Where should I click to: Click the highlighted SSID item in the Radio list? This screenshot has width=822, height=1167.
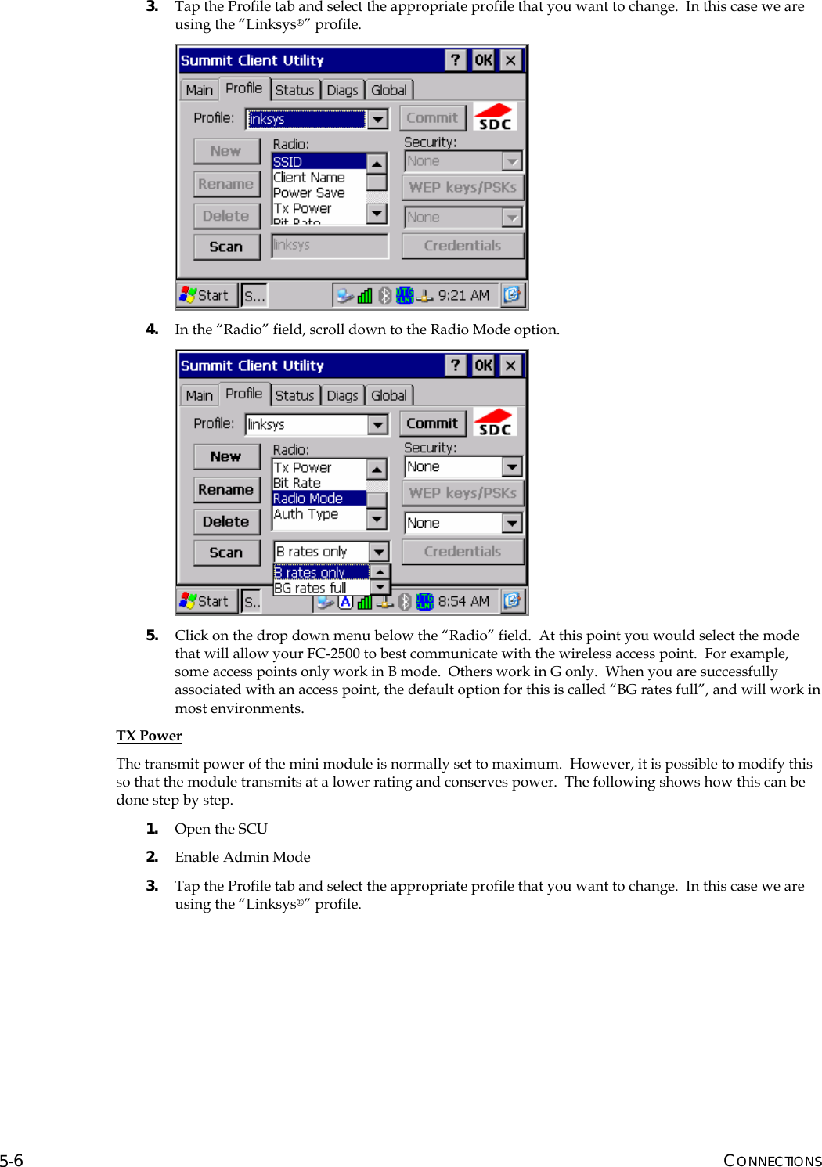coord(318,161)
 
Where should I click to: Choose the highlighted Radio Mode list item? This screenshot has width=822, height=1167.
coord(318,499)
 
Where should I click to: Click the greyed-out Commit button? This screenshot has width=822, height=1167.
coord(432,118)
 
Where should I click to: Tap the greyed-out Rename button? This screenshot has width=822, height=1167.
coord(225,184)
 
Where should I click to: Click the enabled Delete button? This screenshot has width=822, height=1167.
coord(225,521)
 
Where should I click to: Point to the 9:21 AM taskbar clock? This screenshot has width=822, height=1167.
coord(463,295)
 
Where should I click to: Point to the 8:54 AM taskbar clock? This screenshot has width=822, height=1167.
coord(463,601)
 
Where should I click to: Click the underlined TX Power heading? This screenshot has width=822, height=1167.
coord(149,736)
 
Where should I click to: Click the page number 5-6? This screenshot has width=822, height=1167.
coord(12,1160)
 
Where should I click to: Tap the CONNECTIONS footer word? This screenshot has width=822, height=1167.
coord(772,1160)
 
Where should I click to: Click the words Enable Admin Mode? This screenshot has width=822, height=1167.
coord(243,857)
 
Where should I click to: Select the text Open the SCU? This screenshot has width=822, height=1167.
coord(221,829)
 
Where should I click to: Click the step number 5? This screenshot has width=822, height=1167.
coord(152,636)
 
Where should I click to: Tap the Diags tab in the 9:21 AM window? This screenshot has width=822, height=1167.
coord(342,90)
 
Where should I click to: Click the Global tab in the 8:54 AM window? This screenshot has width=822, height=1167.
coord(389,395)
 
